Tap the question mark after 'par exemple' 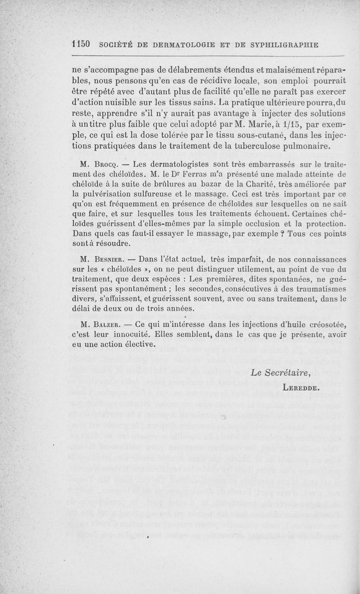[282, 234]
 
